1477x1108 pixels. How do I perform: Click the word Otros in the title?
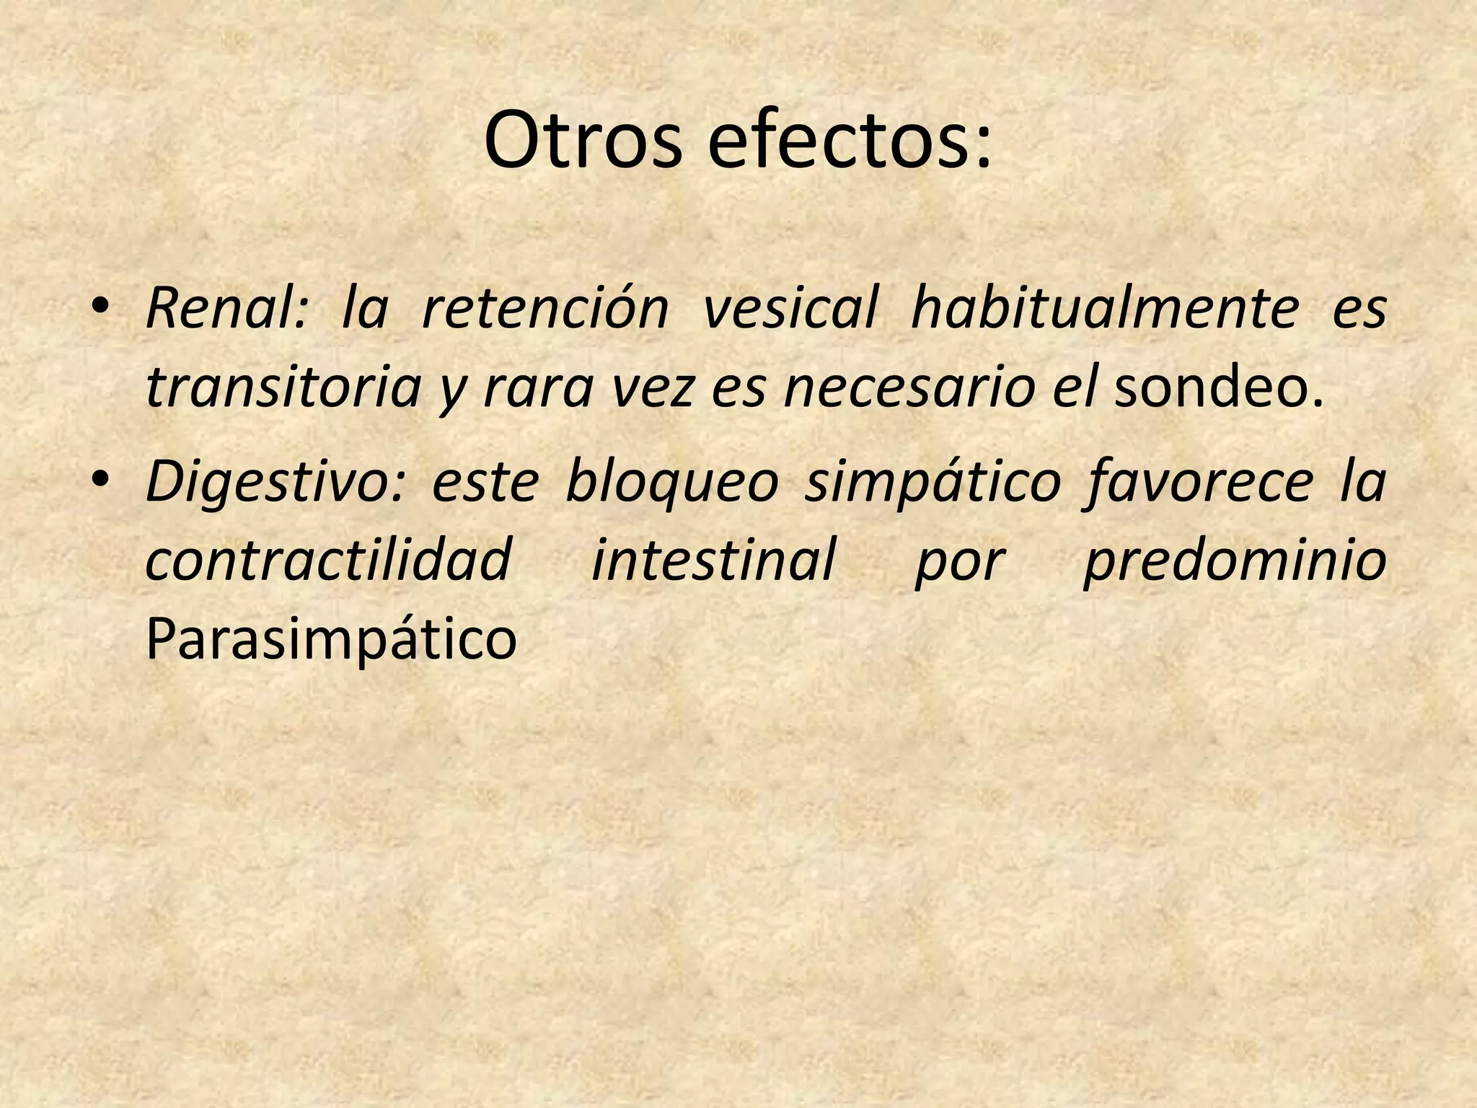[582, 140]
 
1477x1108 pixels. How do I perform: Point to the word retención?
[544, 309]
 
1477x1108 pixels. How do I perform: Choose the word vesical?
[790, 309]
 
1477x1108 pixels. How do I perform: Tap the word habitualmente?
[1104, 309]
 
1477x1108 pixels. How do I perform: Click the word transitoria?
[283, 388]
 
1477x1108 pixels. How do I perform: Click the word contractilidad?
[329, 560]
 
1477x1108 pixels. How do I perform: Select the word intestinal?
[713, 560]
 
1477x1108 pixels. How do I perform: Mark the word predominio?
[1234, 560]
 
